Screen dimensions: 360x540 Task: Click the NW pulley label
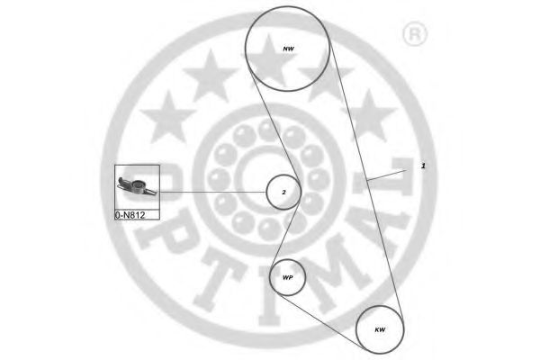pos(288,48)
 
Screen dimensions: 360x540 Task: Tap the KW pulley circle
pos(379,330)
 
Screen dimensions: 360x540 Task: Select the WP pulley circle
pos(288,279)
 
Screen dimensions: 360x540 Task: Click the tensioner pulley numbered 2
pos(283,192)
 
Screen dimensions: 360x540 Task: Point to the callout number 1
pos(423,166)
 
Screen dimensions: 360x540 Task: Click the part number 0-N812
pos(131,216)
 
